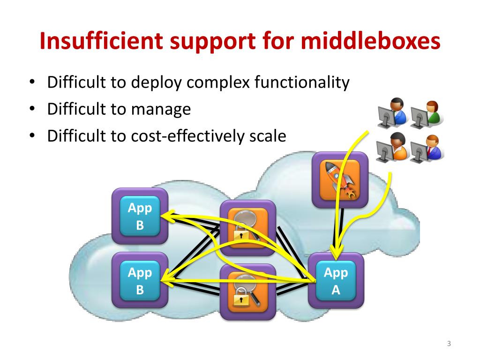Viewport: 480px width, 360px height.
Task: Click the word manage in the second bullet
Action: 161,110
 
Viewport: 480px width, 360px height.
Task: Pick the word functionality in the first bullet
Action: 302,83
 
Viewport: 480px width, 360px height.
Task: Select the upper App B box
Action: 140,216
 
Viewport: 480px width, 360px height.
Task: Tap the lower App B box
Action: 140,281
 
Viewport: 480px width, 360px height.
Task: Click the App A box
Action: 336,281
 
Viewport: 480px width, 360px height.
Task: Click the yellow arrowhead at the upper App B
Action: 165,216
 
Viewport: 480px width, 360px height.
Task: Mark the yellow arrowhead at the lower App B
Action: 165,280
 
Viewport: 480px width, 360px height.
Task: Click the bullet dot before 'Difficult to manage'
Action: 31,110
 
